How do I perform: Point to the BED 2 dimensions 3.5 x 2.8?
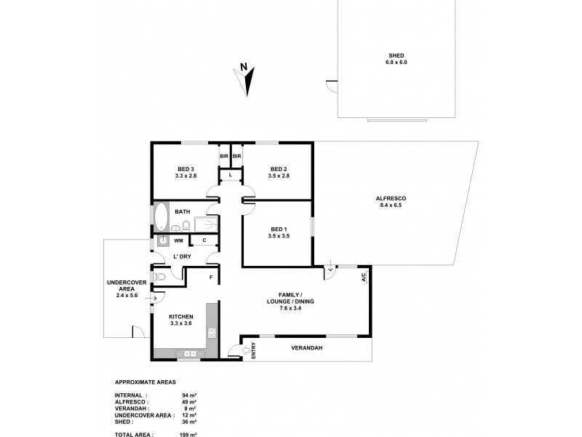pos(279,176)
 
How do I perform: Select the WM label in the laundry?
pos(178,240)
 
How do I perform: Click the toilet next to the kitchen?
pos(160,277)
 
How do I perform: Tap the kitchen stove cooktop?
pos(212,334)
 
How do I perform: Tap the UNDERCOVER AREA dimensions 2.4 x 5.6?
pos(127,294)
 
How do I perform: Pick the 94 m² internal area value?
pos(190,394)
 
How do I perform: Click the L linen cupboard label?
pos(231,175)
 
